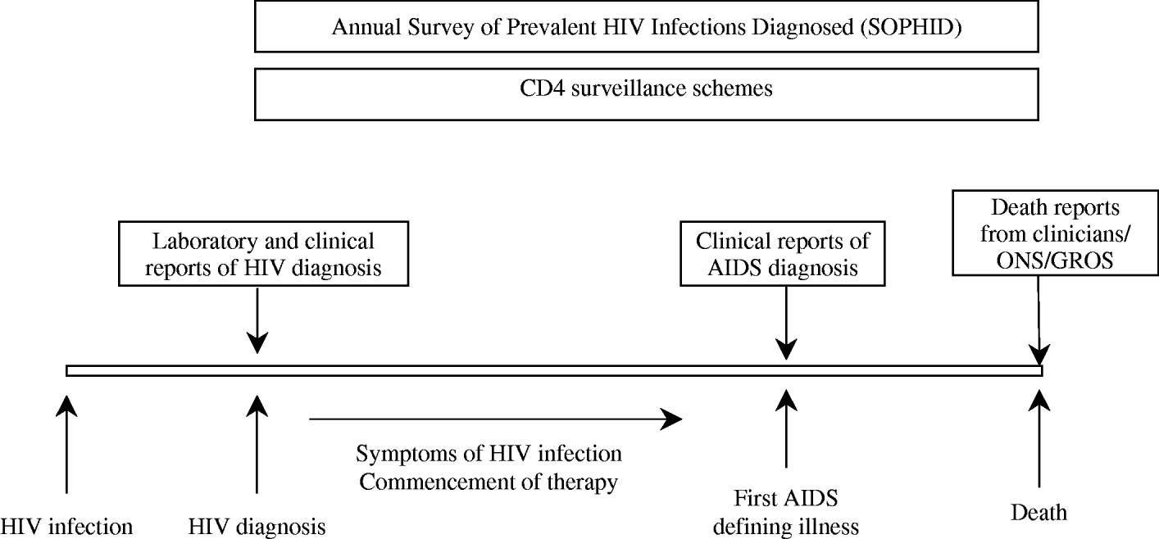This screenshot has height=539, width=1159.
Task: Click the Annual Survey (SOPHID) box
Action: click(x=647, y=27)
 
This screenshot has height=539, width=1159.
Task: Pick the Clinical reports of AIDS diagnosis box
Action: click(x=783, y=256)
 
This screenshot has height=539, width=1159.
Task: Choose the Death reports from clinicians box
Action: click(x=1055, y=232)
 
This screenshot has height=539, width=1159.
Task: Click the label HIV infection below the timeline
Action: click(x=66, y=525)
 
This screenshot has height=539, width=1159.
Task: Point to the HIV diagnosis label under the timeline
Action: click(x=257, y=525)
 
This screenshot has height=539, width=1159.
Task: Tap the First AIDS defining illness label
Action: click(x=785, y=513)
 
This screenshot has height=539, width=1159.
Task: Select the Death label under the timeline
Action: click(x=1039, y=513)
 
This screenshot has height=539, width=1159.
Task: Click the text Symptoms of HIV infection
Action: click(x=489, y=454)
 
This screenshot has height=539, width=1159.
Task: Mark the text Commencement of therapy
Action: click(x=489, y=482)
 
